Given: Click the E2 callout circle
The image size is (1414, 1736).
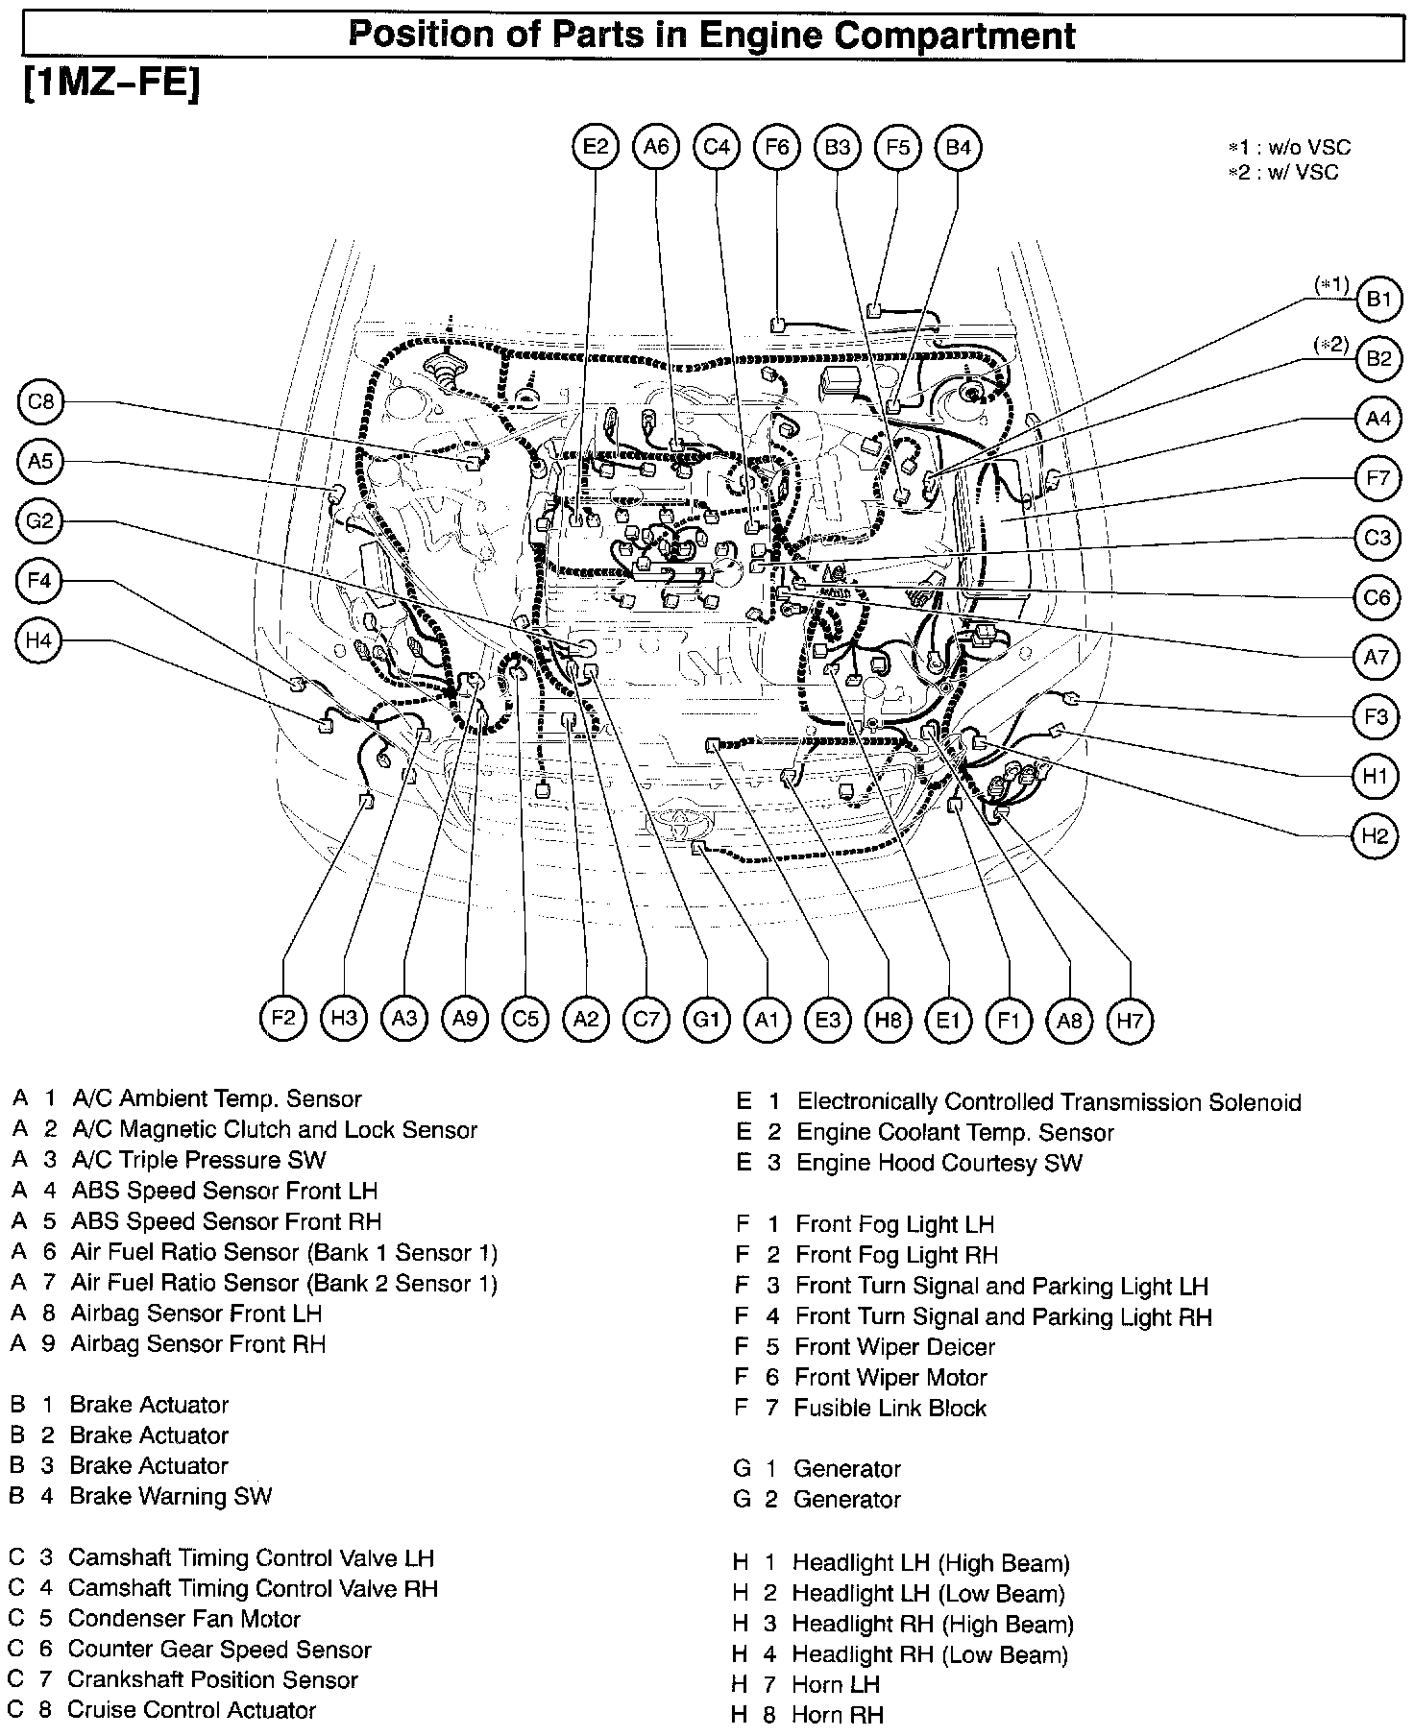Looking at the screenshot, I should pos(596,147).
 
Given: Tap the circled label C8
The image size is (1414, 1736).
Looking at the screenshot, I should pos(40,401).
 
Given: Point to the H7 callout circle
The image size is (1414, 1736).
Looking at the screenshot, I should pos(1129,1019).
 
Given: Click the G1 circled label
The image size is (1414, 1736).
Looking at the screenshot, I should pos(706,1019).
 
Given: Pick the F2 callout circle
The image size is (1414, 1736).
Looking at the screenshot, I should pos(283,1019).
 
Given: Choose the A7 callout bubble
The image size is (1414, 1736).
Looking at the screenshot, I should pos(1377,658).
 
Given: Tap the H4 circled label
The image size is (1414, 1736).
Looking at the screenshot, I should pos(38,640).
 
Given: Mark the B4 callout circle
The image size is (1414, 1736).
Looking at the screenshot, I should pos(958,147).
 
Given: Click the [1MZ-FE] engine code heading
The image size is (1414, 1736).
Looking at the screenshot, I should pos(110,84).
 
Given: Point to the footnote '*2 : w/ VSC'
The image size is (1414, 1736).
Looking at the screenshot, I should pos(1282,173).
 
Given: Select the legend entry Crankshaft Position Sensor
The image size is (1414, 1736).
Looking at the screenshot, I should pos(212,1679).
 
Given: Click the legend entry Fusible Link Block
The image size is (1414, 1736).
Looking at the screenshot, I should pos(890,1408).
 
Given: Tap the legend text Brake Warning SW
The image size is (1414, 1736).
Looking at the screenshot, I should pos(171,1495).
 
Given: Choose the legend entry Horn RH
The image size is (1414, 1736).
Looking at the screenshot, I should pos(838,1714).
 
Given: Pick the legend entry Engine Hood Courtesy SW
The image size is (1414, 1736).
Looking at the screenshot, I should pos(939,1163).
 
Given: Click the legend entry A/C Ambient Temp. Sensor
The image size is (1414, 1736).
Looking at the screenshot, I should pos(217,1098).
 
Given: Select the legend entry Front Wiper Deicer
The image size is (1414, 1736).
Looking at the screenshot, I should pos(894,1346).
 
